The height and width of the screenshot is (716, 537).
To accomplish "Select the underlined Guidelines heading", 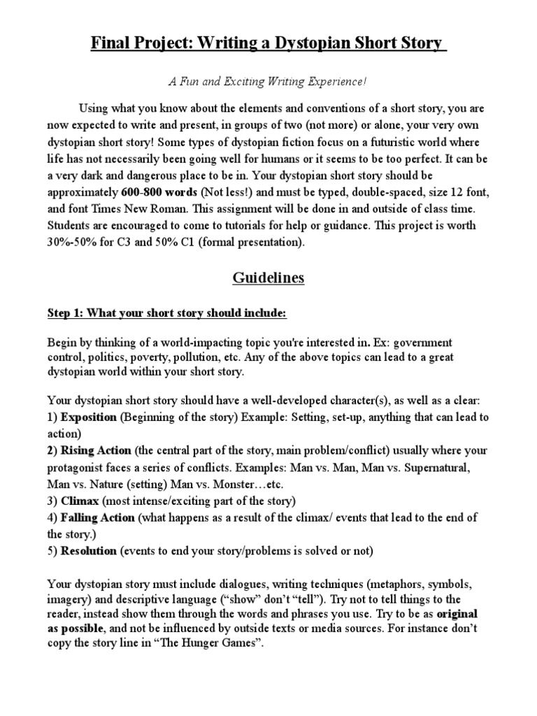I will point(268,278).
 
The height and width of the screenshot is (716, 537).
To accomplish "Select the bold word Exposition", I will point(89,417).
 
